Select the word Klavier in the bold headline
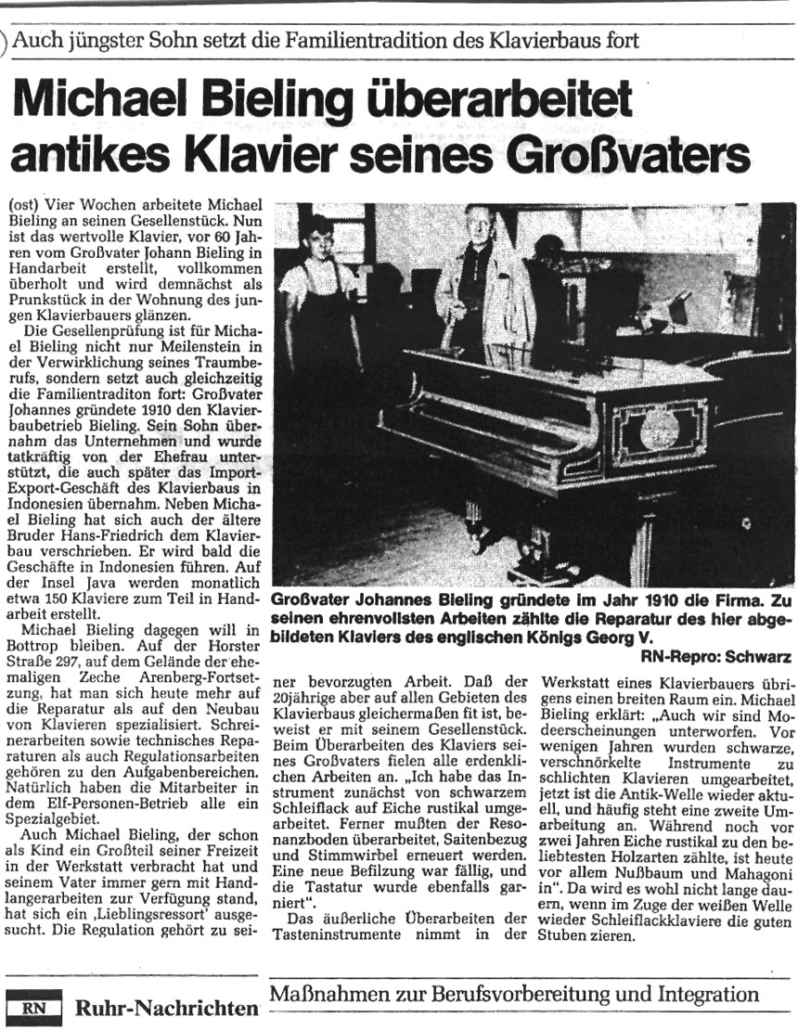click(253, 151)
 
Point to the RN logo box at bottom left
click(34, 1005)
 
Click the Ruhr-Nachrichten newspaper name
click(165, 1007)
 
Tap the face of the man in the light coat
click(478, 224)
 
